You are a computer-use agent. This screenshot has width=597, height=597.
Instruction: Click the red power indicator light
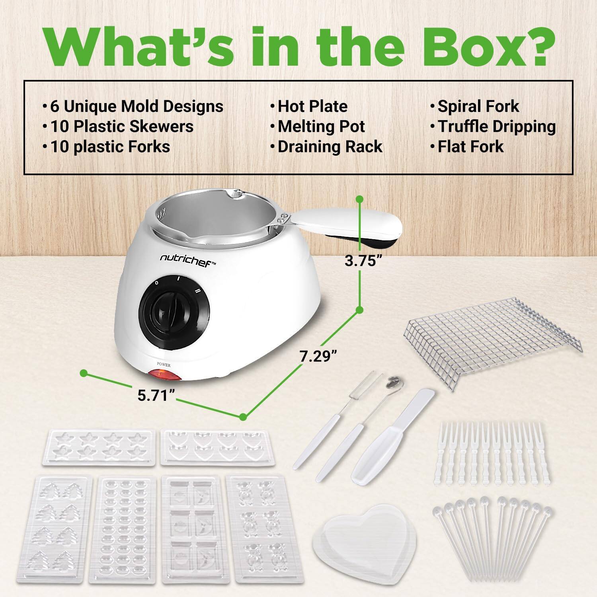click(x=164, y=375)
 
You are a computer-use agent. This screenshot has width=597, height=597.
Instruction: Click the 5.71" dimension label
click(x=156, y=395)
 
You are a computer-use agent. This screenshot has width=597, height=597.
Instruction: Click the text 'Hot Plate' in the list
click(x=312, y=106)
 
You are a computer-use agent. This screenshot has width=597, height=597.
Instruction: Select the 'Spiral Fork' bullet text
click(x=478, y=106)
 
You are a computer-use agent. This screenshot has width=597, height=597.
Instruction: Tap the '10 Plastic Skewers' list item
click(x=121, y=127)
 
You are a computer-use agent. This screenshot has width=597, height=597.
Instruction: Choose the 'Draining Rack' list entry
click(x=330, y=146)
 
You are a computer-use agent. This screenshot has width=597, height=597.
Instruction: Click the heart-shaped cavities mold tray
click(x=217, y=447)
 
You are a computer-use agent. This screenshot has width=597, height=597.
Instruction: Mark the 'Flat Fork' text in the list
click(x=470, y=146)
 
